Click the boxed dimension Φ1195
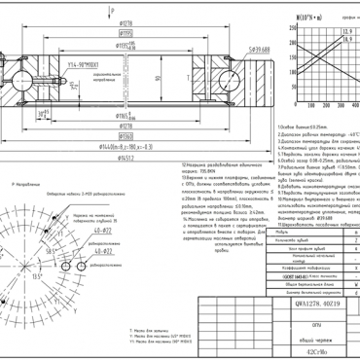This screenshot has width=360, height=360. tap(127, 32)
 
